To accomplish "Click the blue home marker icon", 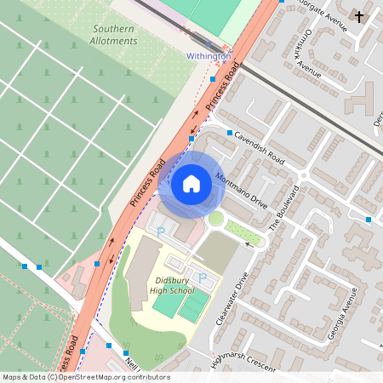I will (191, 184).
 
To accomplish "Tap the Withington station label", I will (209, 56).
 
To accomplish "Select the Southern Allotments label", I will (114, 35).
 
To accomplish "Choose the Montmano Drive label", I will (242, 192).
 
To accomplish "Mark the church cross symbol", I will (358, 16).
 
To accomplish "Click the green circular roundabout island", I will (216, 220).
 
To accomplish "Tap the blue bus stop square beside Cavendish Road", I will (230, 133).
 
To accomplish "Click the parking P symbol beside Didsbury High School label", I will (203, 277).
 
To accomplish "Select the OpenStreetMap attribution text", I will (85, 377).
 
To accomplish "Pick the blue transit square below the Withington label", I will (212, 78).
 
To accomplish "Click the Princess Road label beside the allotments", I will (146, 183).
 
